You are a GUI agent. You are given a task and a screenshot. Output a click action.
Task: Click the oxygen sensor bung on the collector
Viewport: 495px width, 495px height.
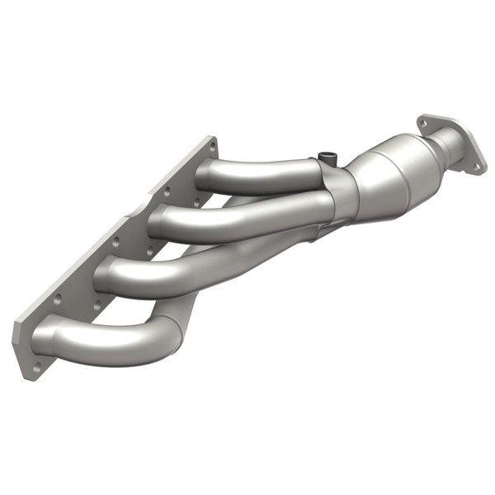pos(328,156)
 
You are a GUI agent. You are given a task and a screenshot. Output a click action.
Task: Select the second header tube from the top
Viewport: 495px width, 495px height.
pos(239,216)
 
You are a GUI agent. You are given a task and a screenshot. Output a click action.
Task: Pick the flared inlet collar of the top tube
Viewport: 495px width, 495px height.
pos(202,175)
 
